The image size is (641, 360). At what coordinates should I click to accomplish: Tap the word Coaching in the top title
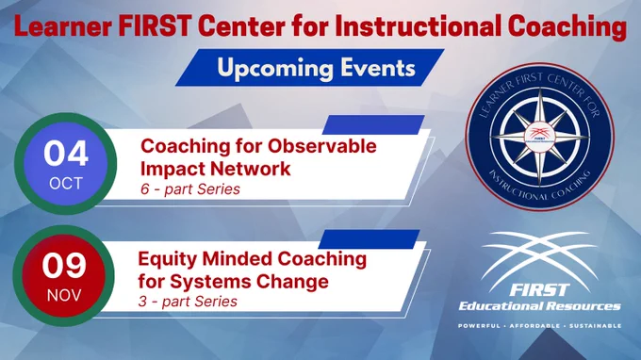tap(567, 27)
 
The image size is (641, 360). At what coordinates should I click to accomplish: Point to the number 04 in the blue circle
tap(66, 154)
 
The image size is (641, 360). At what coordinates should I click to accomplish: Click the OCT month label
tap(66, 184)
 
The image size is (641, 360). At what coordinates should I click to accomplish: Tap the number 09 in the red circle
tap(64, 265)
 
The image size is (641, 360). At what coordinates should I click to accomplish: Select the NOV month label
tap(64, 295)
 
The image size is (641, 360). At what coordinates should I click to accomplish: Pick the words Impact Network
tap(216, 169)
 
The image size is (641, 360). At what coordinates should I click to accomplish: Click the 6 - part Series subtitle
tap(190, 189)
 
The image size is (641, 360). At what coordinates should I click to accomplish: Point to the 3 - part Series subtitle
tap(188, 302)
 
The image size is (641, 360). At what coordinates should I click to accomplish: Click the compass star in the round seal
tap(539, 137)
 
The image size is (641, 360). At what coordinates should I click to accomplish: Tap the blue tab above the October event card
tap(373, 124)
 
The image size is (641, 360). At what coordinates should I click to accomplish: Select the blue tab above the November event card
tap(370, 239)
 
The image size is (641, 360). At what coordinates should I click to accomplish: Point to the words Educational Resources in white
tap(539, 306)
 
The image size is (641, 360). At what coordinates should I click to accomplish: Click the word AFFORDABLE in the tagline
tap(534, 326)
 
